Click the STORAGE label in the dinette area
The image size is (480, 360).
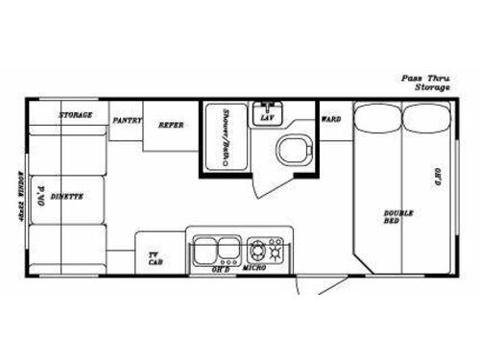click(x=75, y=115)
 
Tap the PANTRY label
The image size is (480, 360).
click(x=128, y=121)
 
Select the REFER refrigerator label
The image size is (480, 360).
click(x=172, y=124)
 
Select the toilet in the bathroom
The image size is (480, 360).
click(x=292, y=149)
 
